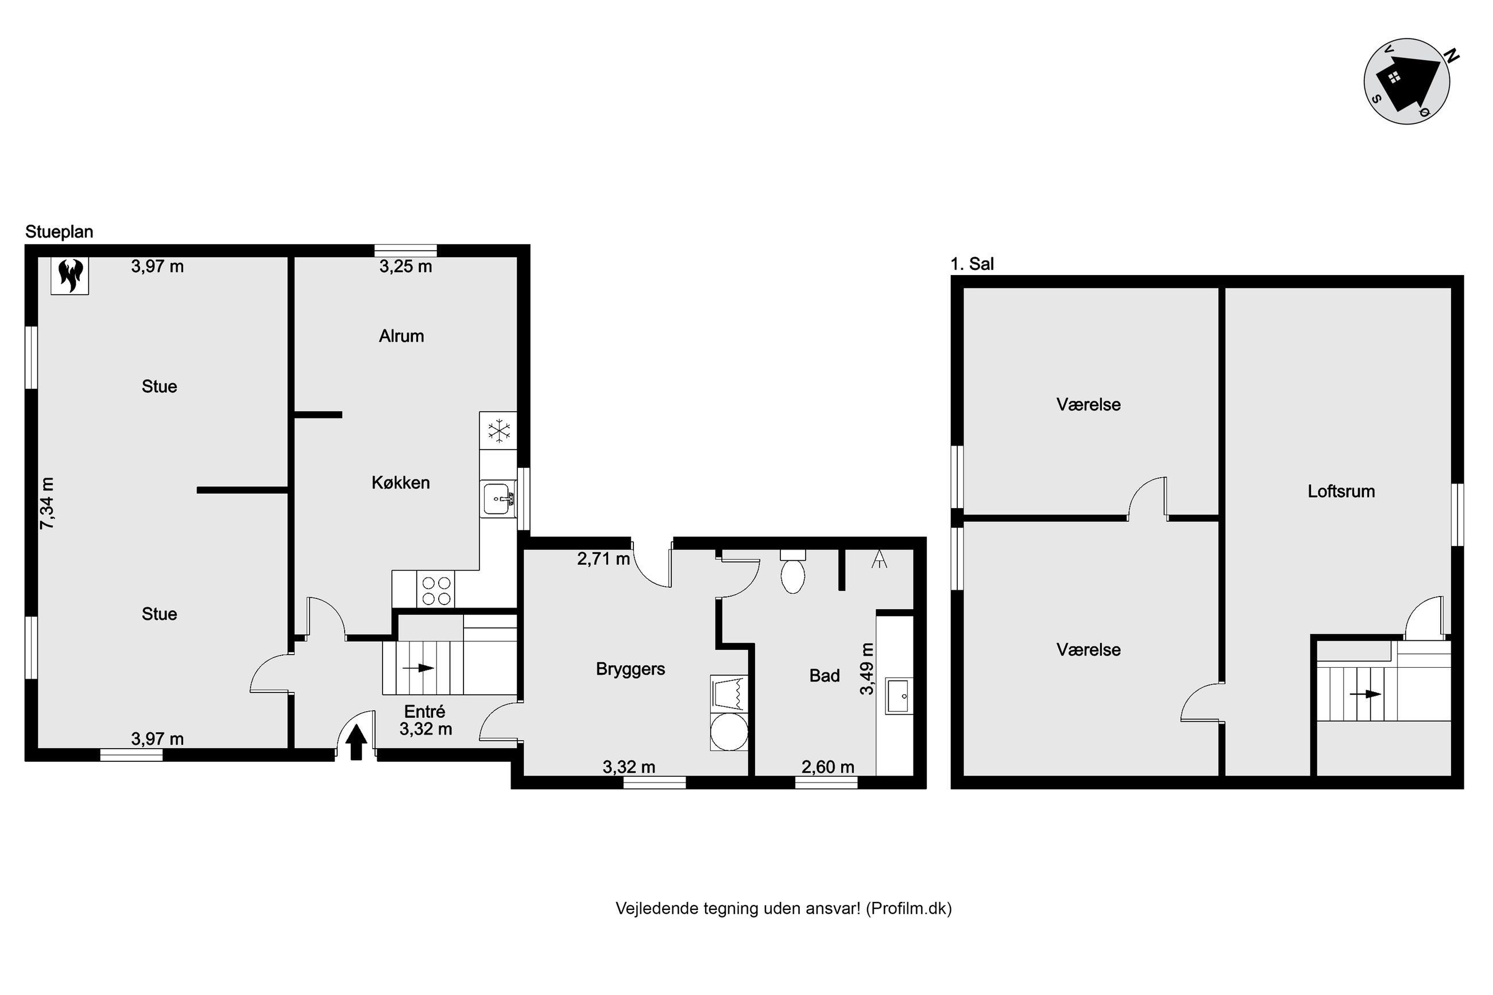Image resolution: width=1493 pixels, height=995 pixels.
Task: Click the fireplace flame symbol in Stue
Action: tap(70, 276)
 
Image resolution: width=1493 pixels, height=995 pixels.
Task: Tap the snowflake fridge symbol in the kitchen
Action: tap(499, 431)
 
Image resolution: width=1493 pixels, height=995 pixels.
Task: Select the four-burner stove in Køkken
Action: tap(436, 590)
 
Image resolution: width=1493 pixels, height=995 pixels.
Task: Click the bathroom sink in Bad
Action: tap(898, 696)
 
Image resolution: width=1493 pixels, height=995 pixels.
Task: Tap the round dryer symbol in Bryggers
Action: tap(729, 731)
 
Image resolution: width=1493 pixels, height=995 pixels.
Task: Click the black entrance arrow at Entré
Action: tap(356, 742)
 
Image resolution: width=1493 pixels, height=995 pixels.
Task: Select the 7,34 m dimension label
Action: tap(48, 503)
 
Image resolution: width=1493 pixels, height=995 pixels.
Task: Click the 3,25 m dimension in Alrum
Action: tap(405, 266)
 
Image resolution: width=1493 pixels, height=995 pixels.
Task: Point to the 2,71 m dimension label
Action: tap(603, 559)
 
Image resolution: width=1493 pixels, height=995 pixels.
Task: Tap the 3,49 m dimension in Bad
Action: tap(867, 669)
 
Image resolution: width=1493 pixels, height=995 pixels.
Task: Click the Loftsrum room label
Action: tap(1341, 491)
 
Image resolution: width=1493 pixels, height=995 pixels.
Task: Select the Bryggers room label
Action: tap(630, 669)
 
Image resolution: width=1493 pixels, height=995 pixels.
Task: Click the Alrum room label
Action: tap(401, 336)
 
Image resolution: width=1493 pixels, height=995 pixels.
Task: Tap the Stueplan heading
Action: tap(59, 231)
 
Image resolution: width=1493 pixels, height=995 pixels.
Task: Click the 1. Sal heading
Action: tap(972, 264)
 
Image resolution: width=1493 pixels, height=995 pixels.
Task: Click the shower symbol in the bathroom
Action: tap(879, 559)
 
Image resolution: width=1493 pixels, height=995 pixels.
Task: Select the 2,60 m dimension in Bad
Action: tap(827, 767)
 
